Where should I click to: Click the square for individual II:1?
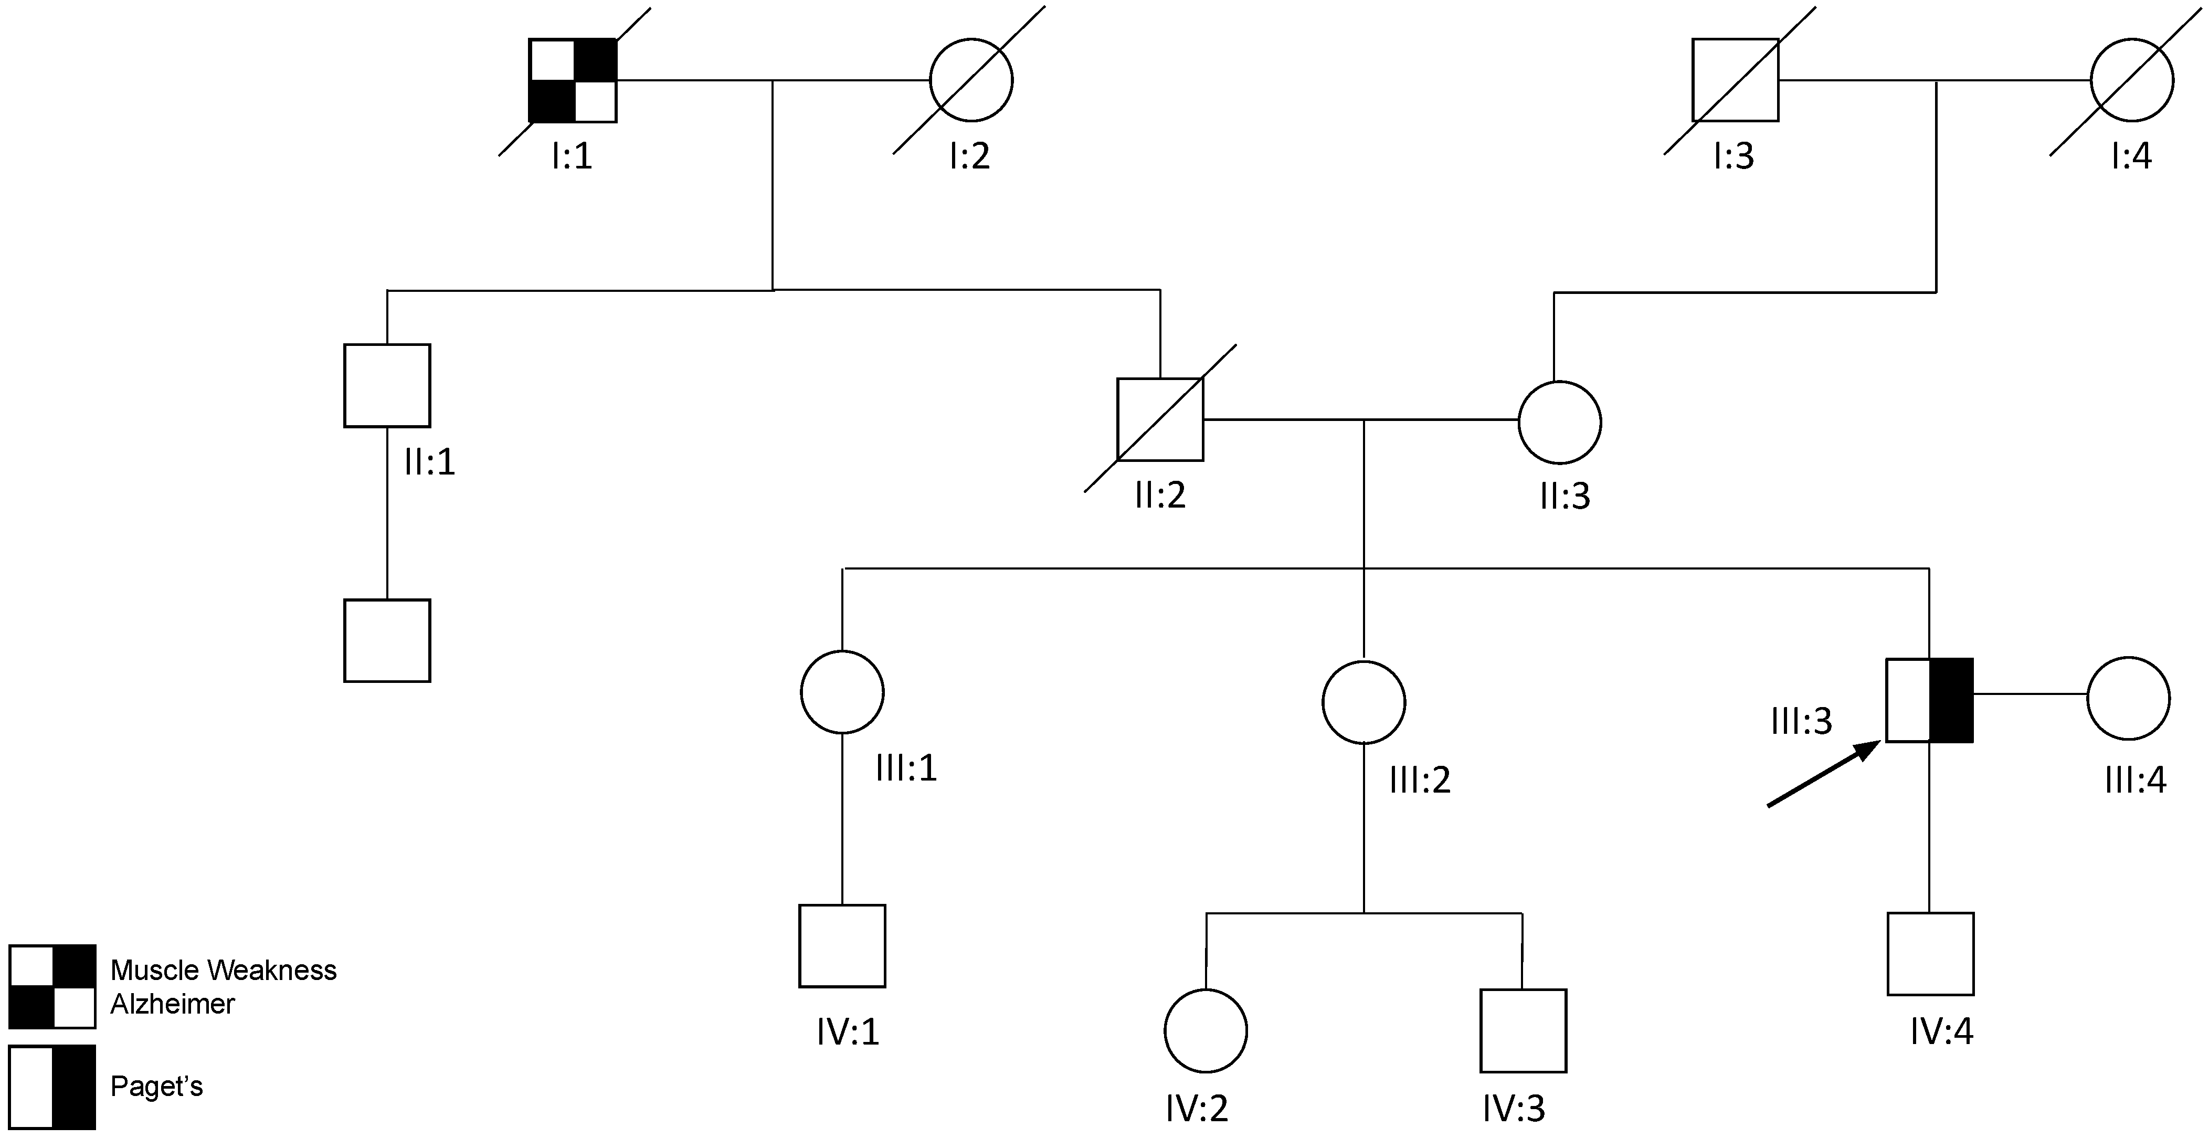point(387,385)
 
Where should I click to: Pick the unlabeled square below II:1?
point(387,640)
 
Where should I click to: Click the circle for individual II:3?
point(1559,422)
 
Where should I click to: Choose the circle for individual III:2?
point(1364,702)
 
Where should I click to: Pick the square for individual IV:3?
point(1523,1031)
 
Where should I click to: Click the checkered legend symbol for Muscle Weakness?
point(52,986)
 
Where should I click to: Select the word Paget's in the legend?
point(157,1087)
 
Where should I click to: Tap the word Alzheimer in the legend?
point(172,1003)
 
